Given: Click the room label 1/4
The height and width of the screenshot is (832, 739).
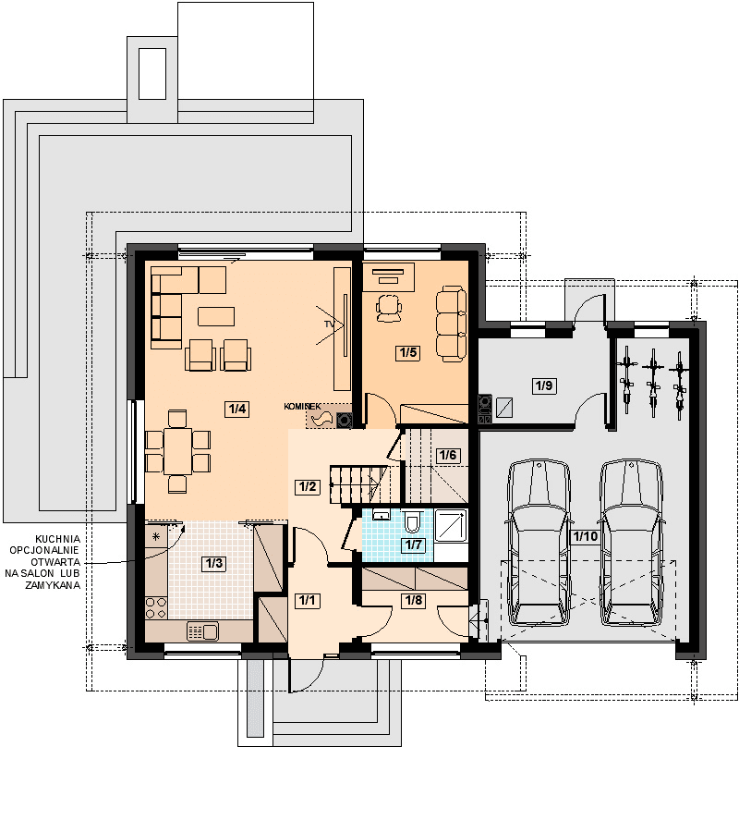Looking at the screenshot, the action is click(x=237, y=410).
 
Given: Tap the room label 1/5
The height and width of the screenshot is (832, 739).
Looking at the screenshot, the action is click(x=408, y=353).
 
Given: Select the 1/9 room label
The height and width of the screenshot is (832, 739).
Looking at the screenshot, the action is click(x=544, y=385).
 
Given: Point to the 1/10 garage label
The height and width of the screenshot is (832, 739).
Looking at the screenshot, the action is click(x=586, y=536).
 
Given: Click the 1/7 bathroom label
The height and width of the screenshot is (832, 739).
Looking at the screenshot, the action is click(x=414, y=544).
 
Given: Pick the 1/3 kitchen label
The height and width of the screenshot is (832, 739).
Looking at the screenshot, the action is click(x=214, y=564).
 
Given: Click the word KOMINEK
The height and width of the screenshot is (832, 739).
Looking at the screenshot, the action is click(x=302, y=407).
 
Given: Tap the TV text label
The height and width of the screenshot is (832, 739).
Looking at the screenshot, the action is click(x=330, y=324).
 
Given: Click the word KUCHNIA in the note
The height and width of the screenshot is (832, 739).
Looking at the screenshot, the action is click(x=58, y=539).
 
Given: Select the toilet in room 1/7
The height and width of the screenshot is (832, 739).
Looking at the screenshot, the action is click(x=412, y=521).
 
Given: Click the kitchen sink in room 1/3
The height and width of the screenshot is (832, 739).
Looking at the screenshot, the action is click(x=202, y=631).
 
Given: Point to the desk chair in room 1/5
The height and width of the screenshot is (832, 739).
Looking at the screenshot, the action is click(x=389, y=308).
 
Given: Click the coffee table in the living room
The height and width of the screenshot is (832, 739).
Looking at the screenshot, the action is click(x=216, y=316).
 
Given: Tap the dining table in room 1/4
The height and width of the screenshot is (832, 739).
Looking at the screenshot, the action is click(x=177, y=451).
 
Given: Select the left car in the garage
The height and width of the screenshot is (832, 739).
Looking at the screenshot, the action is click(x=539, y=543).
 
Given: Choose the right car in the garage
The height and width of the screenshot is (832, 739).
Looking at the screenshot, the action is click(x=631, y=543).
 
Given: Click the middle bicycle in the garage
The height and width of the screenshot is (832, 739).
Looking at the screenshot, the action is click(x=652, y=383).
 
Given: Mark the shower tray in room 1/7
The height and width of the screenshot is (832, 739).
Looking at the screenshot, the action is click(x=451, y=525).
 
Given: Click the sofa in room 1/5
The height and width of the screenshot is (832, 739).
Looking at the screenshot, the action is click(x=451, y=324).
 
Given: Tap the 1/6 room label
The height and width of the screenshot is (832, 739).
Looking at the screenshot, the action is click(x=448, y=455).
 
